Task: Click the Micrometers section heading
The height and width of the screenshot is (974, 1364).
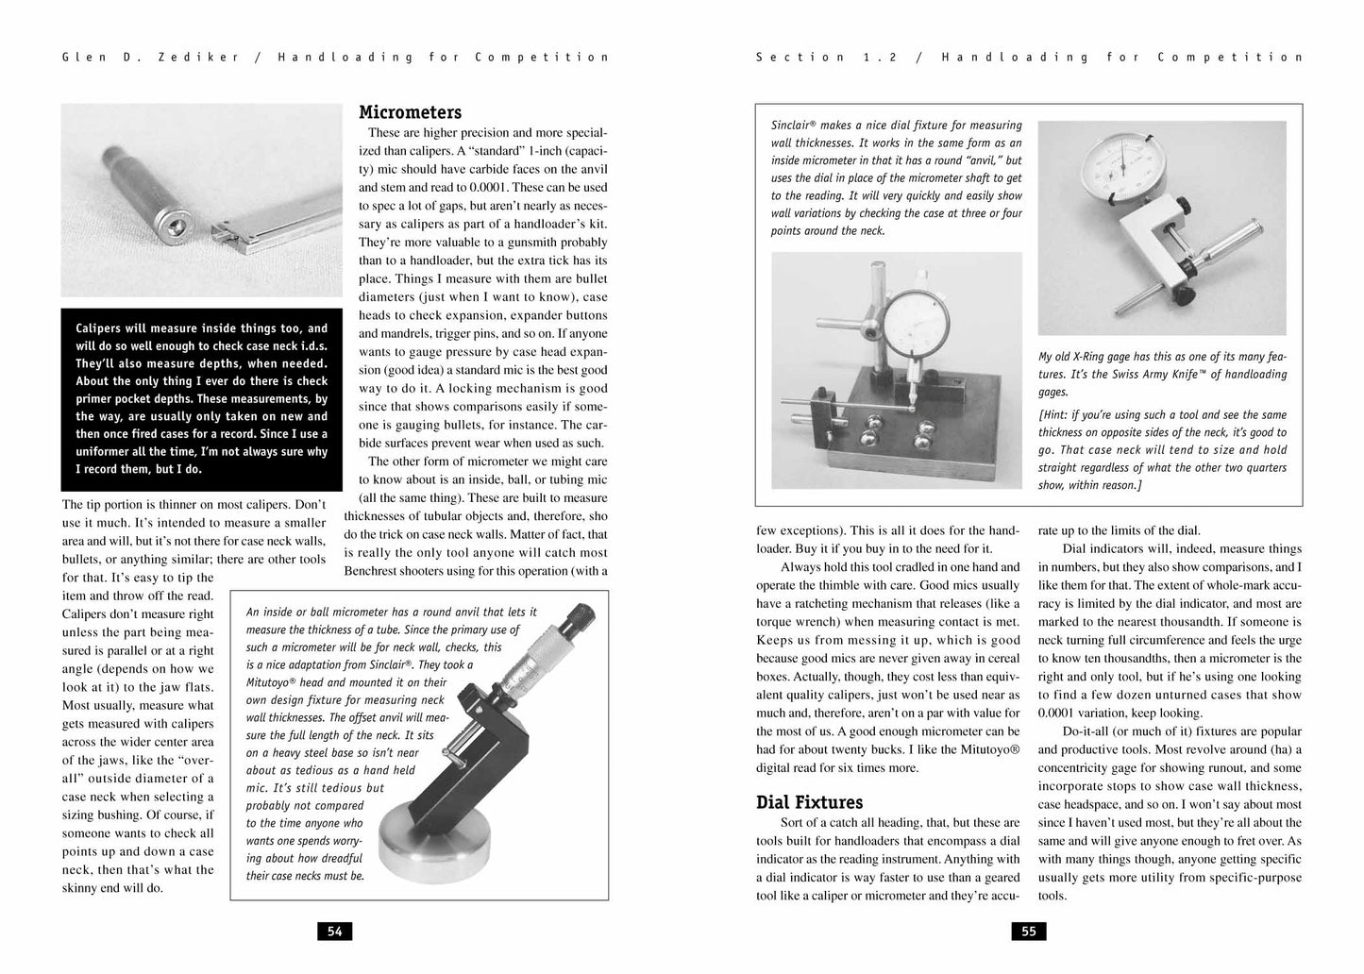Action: pos(410,113)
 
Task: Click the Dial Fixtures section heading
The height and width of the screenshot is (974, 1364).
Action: pos(809,802)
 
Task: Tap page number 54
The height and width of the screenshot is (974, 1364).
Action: pos(334,932)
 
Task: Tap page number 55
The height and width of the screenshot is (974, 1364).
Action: pos(1029,932)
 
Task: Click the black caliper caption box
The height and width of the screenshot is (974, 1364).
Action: pos(202,398)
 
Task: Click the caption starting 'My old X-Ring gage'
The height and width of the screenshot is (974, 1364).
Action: pos(1162,374)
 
